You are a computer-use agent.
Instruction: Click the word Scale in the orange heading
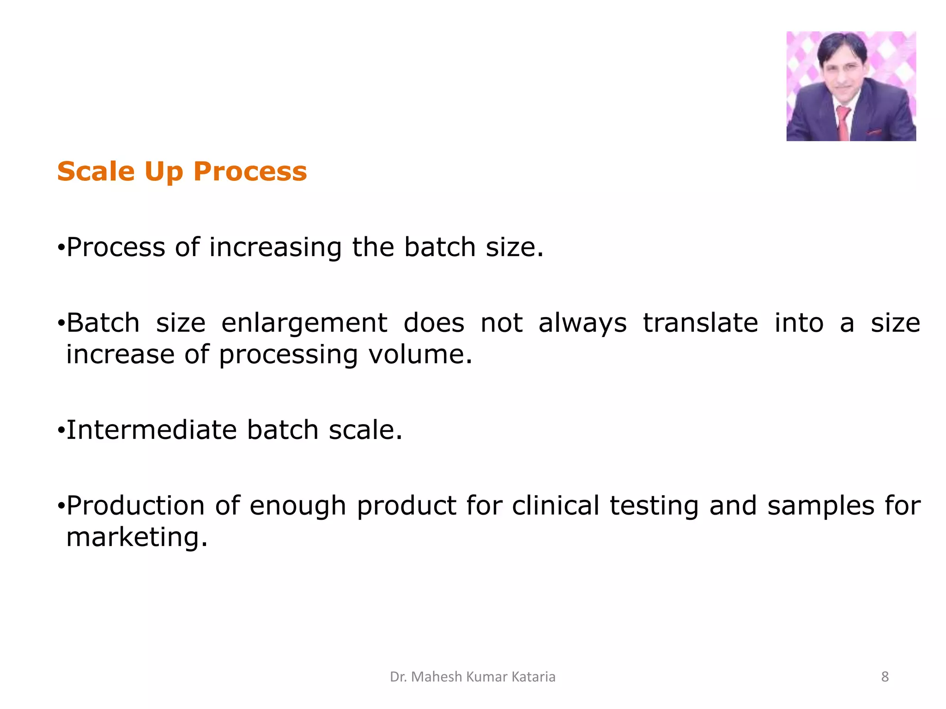coord(96,172)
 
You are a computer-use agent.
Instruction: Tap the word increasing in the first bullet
coord(275,248)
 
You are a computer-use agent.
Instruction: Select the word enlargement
coord(304,324)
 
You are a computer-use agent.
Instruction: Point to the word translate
coord(700,323)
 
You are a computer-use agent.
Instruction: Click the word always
coord(582,324)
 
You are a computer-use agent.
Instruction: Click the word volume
coord(420,354)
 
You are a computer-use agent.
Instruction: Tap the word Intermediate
coord(152,430)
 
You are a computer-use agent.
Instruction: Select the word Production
coord(135,505)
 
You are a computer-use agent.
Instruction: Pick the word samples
coord(820,506)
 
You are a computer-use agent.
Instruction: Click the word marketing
coord(137,538)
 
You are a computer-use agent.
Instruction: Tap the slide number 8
coord(885,677)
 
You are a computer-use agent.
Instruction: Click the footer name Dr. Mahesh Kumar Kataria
coord(473,677)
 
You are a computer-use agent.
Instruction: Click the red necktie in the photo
coord(843,123)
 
